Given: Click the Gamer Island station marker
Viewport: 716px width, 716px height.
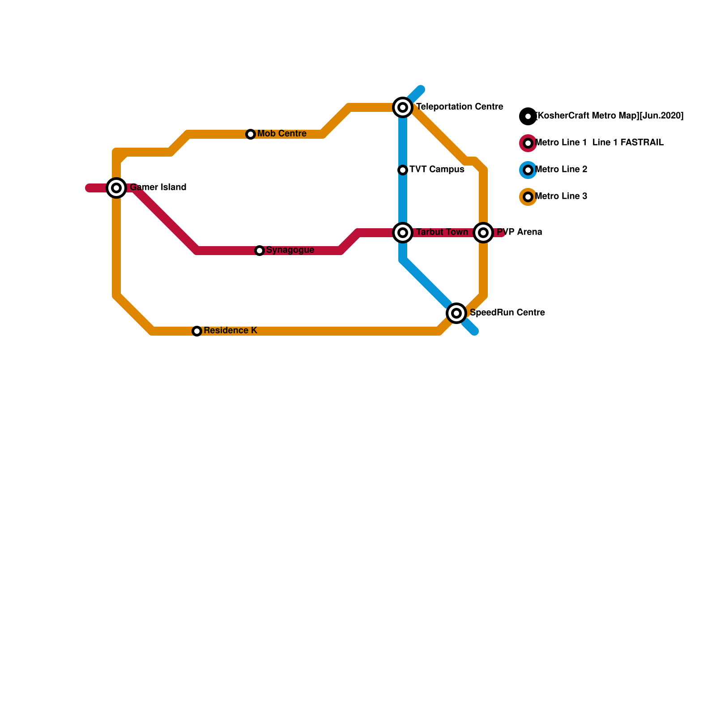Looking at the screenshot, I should coord(116,188).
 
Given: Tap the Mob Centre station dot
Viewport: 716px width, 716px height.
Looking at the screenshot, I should coord(251,134).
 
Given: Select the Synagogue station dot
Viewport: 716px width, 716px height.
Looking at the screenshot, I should coord(260,251).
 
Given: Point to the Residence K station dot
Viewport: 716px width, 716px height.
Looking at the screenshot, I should coord(197,331).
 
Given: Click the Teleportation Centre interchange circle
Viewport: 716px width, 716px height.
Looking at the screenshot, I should coord(403,107).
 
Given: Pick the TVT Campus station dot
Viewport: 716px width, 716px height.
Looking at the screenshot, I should coord(403,170).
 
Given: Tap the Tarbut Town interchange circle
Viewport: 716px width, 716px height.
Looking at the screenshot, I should coord(403,233).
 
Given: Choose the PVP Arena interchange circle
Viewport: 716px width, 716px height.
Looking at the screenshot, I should coord(483,233).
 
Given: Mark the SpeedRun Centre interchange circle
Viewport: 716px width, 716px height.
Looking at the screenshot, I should coord(456,313).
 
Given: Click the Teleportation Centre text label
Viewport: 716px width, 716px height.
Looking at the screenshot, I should coord(460,107).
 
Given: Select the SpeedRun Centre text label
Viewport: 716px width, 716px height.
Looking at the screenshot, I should coord(507,313).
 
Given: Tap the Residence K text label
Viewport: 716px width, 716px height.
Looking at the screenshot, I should coord(230,331).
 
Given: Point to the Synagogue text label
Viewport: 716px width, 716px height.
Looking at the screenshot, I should coord(290,250).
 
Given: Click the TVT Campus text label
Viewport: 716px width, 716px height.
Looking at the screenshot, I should coord(437,170).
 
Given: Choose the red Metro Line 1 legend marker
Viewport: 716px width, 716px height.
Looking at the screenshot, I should coord(528,143).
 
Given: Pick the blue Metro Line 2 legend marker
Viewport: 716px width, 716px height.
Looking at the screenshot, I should coord(528,170).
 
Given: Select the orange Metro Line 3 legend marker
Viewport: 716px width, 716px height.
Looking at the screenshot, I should coord(528,197).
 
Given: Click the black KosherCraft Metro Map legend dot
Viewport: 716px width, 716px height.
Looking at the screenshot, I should coord(528,116).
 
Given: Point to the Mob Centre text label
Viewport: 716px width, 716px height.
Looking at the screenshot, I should coord(281,134).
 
